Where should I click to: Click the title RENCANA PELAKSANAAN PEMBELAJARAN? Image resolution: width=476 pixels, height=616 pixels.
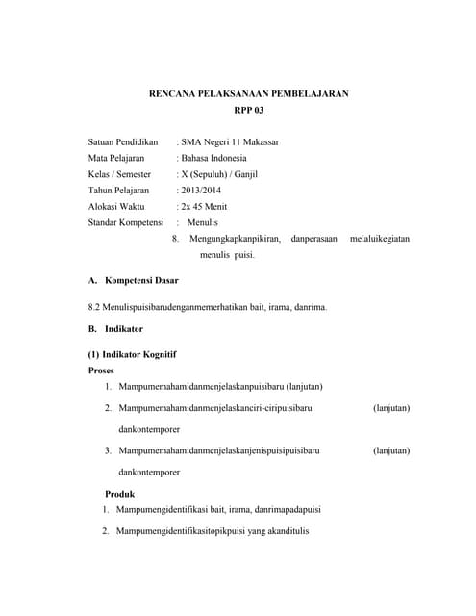pyautogui.click(x=248, y=93)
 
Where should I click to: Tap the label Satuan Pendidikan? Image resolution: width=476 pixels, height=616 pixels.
pyautogui.click(x=122, y=141)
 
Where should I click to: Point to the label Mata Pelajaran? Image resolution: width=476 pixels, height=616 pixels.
pyautogui.click(x=115, y=158)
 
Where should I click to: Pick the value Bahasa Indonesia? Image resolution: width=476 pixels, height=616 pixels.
pyautogui.click(x=213, y=158)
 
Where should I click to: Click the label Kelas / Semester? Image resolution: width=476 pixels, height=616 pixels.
pyautogui.click(x=119, y=174)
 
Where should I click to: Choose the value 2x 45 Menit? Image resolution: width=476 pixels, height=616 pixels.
pyautogui.click(x=204, y=207)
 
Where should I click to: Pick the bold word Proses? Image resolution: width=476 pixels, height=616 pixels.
pyautogui.click(x=101, y=370)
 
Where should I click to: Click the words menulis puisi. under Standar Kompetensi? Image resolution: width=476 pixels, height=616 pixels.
pyautogui.click(x=229, y=256)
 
